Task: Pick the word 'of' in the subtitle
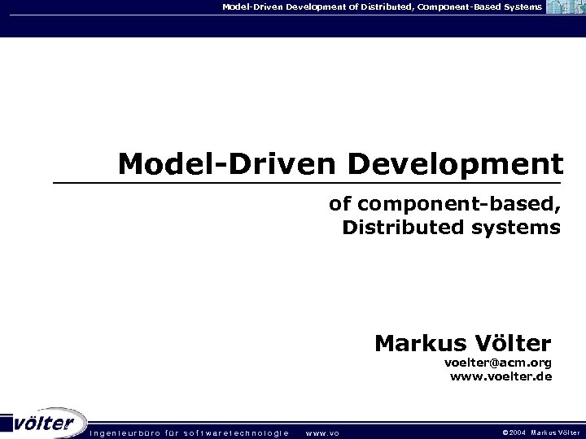tap(338, 204)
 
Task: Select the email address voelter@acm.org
tap(497, 362)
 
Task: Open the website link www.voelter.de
tap(501, 376)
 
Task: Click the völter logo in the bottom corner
tap(45, 424)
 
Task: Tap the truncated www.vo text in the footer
tap(321, 432)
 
